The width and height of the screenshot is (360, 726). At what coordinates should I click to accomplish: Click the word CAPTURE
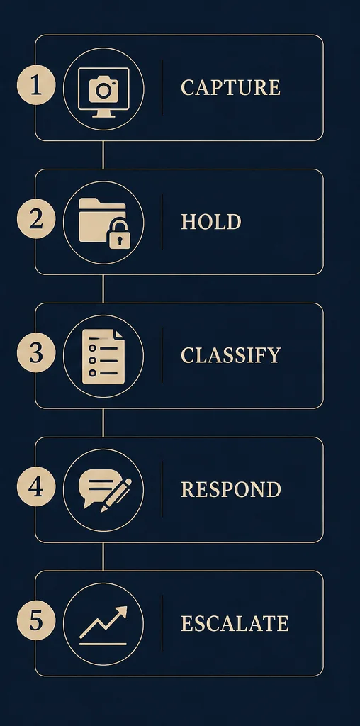coord(230,87)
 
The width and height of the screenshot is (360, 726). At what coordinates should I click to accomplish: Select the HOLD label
coord(211,222)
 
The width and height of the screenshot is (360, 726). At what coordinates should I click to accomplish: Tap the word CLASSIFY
coord(230,355)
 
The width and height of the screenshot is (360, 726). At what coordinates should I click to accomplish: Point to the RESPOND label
coord(231,489)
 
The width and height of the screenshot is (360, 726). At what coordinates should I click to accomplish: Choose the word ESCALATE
coord(235,623)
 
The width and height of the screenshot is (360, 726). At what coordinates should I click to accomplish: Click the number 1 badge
coord(36,86)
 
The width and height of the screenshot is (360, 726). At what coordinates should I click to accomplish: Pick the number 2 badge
coord(36,220)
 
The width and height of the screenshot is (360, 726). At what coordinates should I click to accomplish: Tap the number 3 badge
coord(36,353)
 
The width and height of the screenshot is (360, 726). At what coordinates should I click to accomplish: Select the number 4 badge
coord(36,487)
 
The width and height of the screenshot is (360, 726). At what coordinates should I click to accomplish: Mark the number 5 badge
coord(36,621)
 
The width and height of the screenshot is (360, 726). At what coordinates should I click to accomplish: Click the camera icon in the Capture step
coord(103,89)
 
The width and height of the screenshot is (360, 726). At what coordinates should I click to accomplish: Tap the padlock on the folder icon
coord(119,234)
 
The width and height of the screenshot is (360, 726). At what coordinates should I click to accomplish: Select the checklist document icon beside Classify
coord(103,357)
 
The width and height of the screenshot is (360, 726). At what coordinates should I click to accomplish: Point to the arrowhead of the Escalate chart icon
coord(121,611)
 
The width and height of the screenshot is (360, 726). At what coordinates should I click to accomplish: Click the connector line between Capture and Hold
coord(103,155)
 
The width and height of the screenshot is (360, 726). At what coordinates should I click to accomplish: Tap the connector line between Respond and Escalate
coord(103,557)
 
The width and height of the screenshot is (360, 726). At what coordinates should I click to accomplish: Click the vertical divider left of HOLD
coord(162,221)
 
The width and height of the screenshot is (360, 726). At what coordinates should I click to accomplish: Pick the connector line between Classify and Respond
coord(103,423)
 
